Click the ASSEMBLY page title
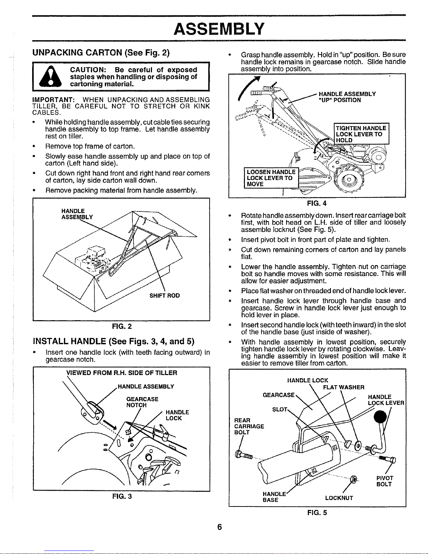click(x=219, y=28)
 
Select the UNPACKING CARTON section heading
click(x=101, y=53)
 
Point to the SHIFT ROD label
click(x=165, y=295)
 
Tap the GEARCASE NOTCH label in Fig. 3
click(x=142, y=402)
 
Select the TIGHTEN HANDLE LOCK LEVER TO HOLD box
click(x=361, y=134)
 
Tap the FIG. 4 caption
click(x=317, y=203)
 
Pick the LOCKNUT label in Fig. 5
click(x=339, y=498)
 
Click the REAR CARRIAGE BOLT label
click(x=249, y=426)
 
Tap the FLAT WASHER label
click(x=343, y=387)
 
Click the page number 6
click(x=219, y=527)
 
